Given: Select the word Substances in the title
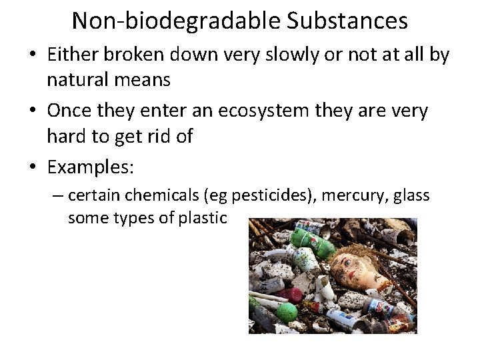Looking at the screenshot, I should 348,21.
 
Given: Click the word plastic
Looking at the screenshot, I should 204,218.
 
